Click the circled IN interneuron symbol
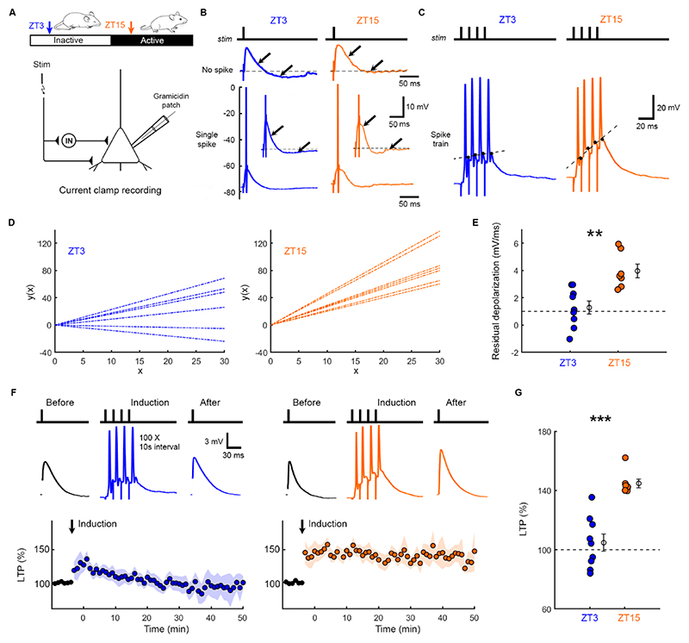coord(69,140)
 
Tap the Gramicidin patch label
coord(171,100)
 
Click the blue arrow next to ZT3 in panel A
coord(49,27)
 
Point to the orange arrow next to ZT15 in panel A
coord(131,27)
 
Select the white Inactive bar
coord(71,41)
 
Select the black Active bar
coord(152,41)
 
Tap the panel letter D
coord(12,222)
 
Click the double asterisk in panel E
coord(594,234)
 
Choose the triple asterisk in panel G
coord(600,419)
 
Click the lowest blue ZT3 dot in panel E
coord(569,339)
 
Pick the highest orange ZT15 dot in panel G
coord(625,458)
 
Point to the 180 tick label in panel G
coord(545,432)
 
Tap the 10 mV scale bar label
coord(418,106)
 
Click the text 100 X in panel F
coord(146,438)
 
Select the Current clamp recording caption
coord(110,190)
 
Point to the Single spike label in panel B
coord(207,140)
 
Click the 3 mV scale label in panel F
coord(214,441)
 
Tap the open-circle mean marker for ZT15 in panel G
coord(638,484)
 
